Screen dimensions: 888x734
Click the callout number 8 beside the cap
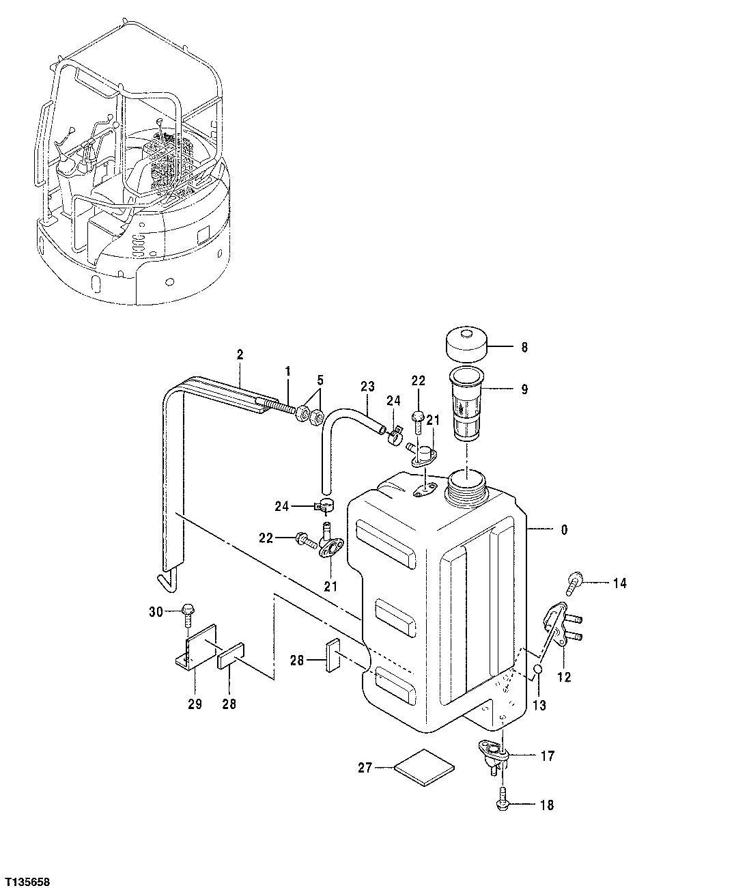(524, 347)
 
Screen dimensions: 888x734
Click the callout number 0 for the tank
(563, 529)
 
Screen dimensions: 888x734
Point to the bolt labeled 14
(573, 583)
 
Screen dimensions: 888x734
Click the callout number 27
(365, 768)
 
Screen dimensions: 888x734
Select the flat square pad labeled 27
(425, 768)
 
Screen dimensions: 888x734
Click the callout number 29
(195, 704)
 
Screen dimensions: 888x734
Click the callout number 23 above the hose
(367, 386)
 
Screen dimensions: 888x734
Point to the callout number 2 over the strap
(240, 354)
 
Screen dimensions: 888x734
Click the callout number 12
(564, 678)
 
